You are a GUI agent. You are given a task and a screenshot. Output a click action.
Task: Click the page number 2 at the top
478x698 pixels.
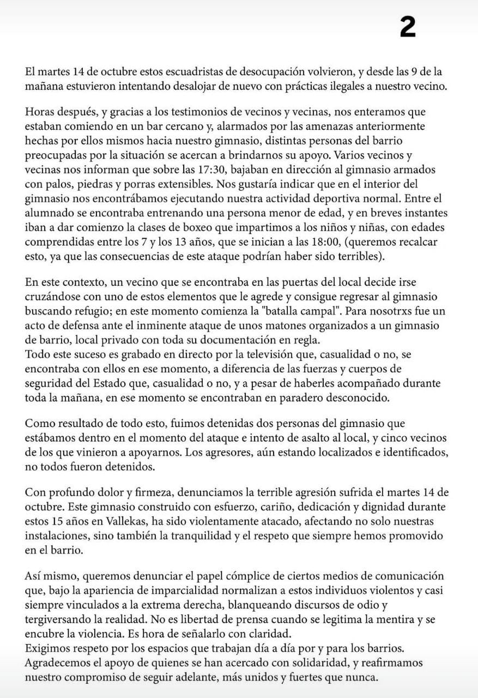pyautogui.click(x=408, y=27)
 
